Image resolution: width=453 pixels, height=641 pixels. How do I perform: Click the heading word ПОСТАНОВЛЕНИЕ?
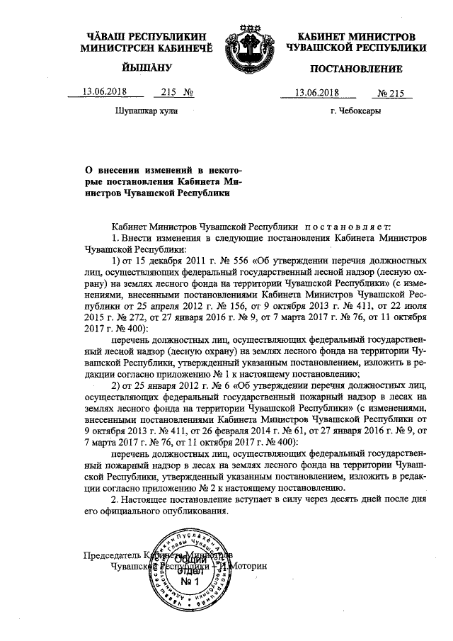pos(356,69)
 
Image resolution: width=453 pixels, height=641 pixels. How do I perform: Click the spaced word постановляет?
pos(342,225)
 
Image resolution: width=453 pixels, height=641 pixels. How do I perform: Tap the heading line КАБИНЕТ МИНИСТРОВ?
pos(355,35)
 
